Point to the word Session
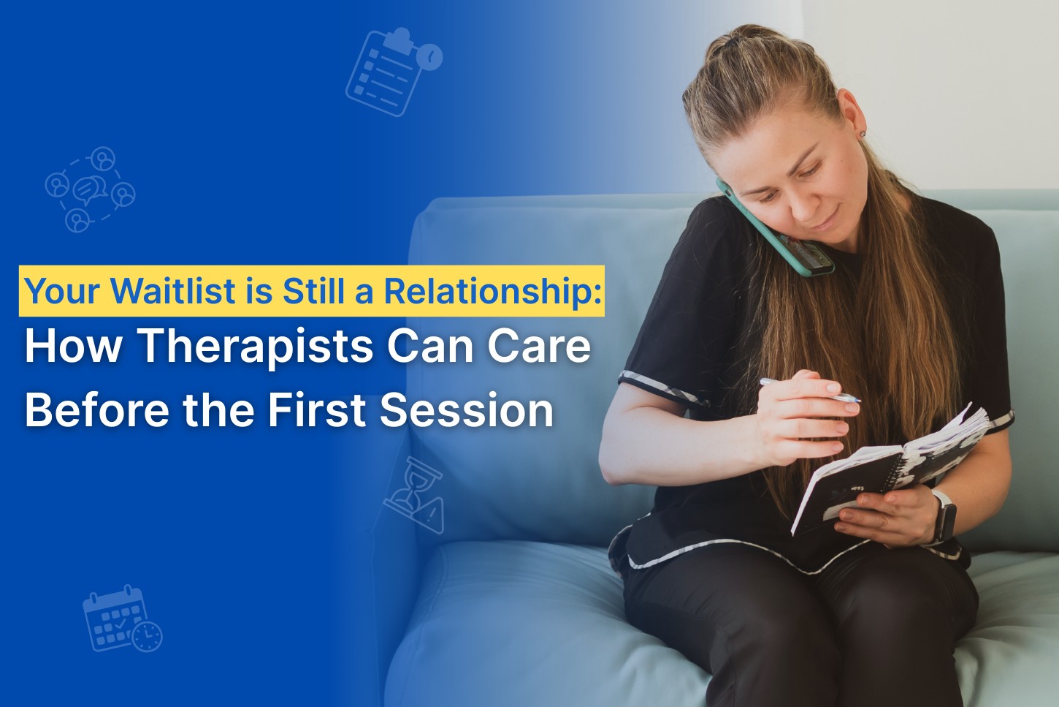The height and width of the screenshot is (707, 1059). (x=467, y=409)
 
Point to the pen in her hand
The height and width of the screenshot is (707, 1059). (x=811, y=390)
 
